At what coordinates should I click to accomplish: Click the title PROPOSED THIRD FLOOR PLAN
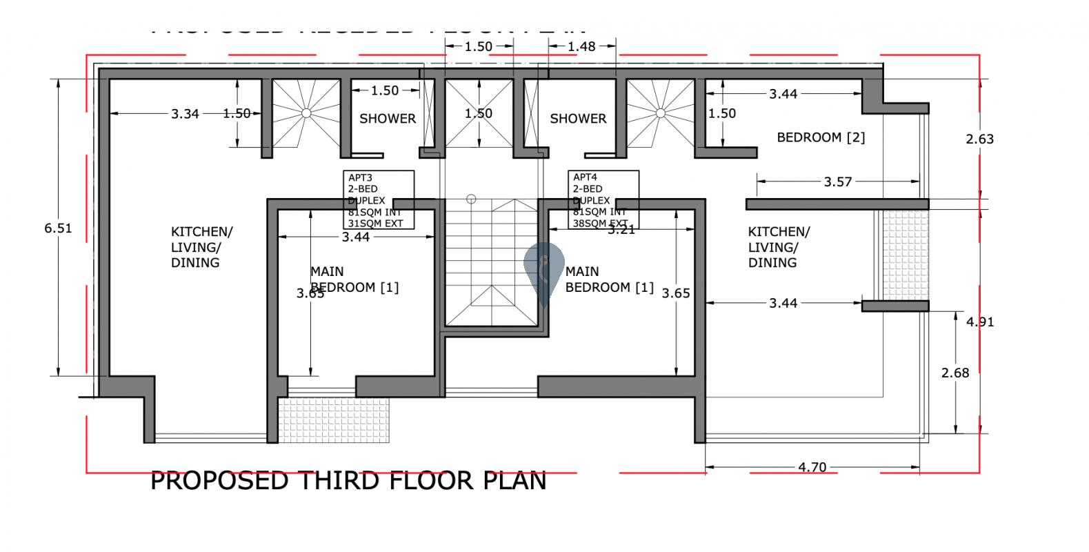click(348, 480)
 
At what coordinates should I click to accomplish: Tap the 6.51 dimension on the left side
click(58, 228)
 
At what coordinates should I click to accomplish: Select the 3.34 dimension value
click(185, 114)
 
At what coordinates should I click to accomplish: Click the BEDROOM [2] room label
click(821, 137)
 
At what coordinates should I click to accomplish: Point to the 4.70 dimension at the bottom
click(812, 467)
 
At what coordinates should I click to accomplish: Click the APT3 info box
click(379, 199)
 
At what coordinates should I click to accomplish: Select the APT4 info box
click(603, 199)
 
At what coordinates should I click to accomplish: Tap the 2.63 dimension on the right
click(979, 139)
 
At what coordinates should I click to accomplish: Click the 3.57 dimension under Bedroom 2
click(838, 181)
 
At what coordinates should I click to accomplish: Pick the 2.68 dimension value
click(955, 373)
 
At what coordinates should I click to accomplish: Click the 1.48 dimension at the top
click(581, 46)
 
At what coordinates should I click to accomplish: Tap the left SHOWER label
click(388, 119)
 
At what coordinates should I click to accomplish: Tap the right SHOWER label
click(578, 119)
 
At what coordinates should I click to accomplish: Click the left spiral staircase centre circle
click(306, 113)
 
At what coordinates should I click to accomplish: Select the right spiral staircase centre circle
click(660, 113)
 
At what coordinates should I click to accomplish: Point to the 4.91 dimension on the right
click(979, 322)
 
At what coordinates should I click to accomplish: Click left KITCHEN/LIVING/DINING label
click(201, 247)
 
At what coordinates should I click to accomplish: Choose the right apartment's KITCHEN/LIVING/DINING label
click(779, 247)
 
